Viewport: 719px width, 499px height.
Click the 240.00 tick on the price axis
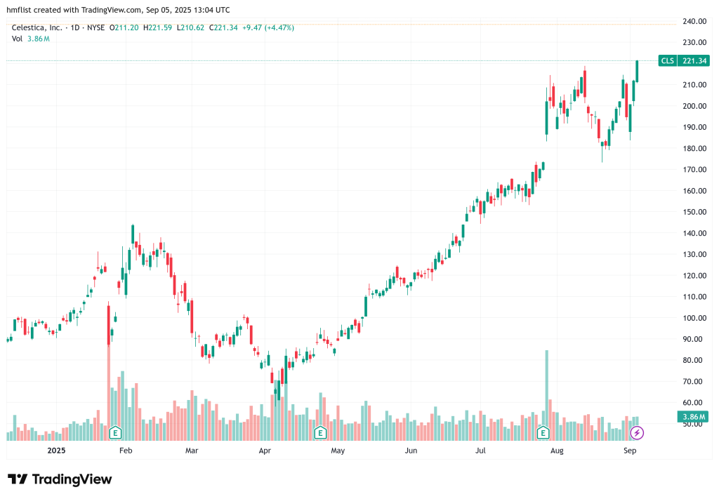(694, 22)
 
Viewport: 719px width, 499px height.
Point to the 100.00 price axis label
(694, 318)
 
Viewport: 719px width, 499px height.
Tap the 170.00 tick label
(694, 170)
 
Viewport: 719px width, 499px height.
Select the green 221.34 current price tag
(694, 61)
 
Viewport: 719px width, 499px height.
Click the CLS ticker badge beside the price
(667, 61)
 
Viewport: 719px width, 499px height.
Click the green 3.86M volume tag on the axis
(691, 417)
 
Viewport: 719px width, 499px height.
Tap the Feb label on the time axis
(126, 451)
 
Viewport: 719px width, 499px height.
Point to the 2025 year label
(55, 451)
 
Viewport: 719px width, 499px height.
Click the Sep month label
(630, 451)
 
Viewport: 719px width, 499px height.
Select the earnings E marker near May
(320, 432)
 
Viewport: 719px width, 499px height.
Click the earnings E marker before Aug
(543, 432)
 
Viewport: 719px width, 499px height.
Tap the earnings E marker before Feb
(115, 432)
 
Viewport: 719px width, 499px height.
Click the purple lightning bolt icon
(637, 432)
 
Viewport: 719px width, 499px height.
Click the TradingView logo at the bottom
(60, 479)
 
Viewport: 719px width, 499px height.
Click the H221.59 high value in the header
(157, 28)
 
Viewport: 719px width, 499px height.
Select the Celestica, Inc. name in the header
(37, 28)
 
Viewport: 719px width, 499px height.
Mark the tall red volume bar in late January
(109, 372)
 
